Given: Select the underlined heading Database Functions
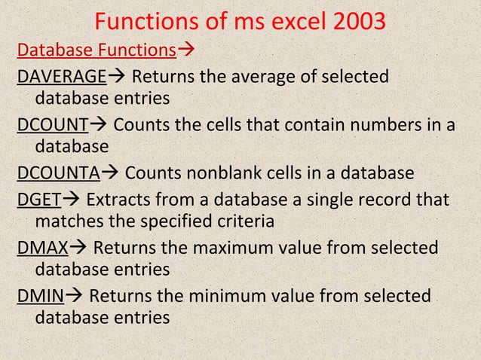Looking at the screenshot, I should coord(96,50).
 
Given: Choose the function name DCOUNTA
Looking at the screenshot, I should coord(58,174).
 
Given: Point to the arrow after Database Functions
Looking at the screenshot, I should coord(185,50).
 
